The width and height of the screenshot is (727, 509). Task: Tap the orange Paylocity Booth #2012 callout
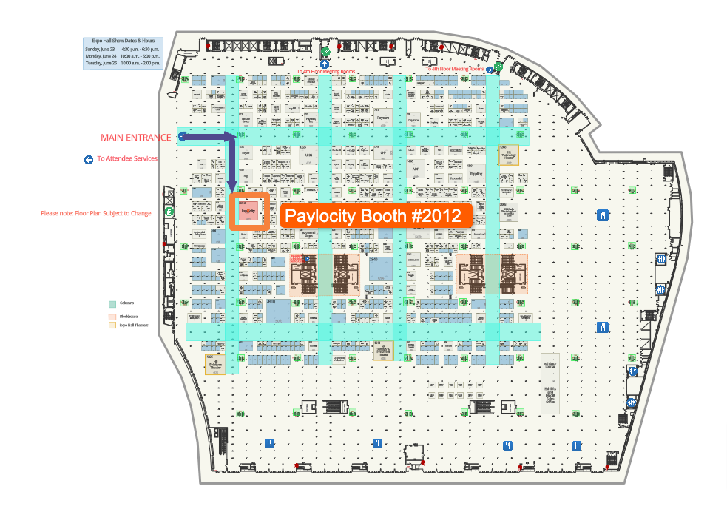click(377, 216)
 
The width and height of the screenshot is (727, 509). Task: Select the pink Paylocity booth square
click(248, 210)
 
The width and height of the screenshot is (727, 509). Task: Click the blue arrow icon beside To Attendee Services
click(89, 159)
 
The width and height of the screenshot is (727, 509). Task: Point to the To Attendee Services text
click(126, 158)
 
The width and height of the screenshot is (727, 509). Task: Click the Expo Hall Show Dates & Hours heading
click(123, 41)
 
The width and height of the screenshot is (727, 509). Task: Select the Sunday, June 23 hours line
click(123, 49)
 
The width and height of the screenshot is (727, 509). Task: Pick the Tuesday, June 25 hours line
click(123, 64)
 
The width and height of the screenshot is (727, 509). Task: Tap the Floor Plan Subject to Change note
click(96, 214)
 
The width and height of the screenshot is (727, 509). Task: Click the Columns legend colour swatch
click(112, 303)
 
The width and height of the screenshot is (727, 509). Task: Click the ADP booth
click(416, 168)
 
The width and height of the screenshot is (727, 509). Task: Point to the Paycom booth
click(382, 118)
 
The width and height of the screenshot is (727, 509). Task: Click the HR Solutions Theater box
click(215, 363)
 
